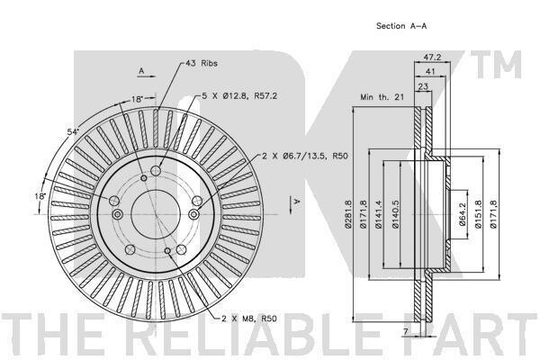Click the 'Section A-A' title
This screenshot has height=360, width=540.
point(401,26)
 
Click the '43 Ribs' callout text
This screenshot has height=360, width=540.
point(202,63)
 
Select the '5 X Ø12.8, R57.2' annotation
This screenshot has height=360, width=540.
point(239,95)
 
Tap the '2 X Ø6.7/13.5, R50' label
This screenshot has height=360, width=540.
point(305,156)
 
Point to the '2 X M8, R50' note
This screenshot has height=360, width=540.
point(249,319)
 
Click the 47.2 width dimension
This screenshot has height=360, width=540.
point(432,58)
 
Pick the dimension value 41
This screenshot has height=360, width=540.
point(430,71)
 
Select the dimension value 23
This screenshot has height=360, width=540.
point(423,86)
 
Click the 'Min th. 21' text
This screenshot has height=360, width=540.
point(382,97)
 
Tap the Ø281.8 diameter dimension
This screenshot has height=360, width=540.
point(347,214)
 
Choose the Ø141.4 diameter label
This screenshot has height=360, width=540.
point(379,214)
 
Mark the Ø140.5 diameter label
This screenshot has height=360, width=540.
point(395,214)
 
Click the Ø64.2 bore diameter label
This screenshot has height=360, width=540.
point(463,214)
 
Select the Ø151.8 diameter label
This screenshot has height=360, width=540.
point(478,214)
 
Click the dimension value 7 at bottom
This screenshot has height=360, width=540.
point(406,332)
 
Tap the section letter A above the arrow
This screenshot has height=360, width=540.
point(141,71)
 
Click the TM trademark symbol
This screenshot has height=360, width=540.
point(496,65)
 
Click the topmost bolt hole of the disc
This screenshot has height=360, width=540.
point(156,170)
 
